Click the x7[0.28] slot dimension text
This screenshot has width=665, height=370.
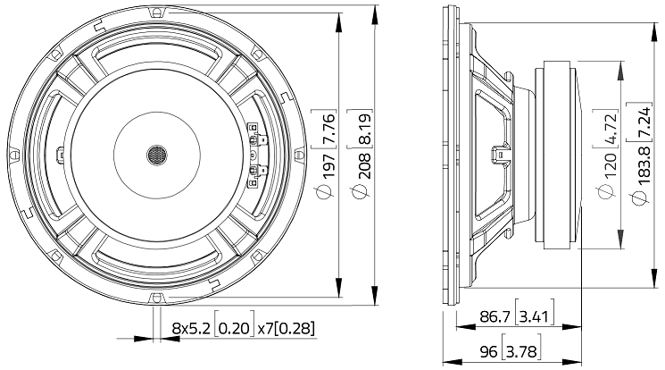pyautogui.click(x=285, y=328)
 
